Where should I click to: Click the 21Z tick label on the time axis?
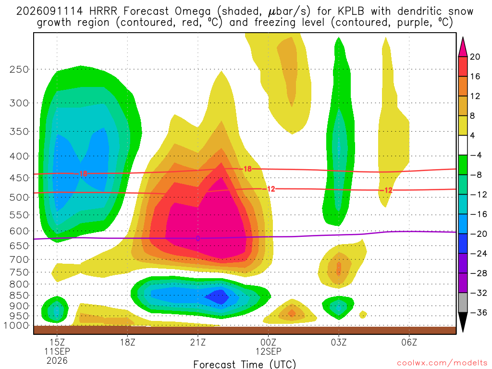(197, 342)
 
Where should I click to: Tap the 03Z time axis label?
(339, 342)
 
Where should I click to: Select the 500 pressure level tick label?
(19, 197)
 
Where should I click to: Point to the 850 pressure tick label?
(19, 295)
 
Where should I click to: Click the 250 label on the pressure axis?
(19, 69)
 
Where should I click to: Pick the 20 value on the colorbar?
(475, 57)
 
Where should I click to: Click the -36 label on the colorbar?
(479, 312)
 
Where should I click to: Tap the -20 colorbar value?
(479, 234)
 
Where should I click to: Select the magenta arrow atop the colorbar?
(463, 48)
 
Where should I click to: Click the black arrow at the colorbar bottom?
(463, 322)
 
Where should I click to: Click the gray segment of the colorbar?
(463, 303)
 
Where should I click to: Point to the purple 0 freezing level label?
(197, 238)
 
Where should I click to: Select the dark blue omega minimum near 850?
(219, 297)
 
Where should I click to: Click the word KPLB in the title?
(351, 11)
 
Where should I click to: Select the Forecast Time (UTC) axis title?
(245, 364)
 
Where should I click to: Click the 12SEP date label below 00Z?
(268, 351)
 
